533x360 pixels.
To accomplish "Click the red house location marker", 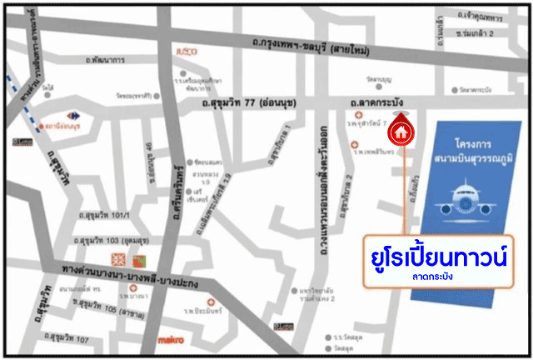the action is [x=401, y=131].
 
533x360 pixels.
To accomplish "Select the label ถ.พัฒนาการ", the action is [x=105, y=61].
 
